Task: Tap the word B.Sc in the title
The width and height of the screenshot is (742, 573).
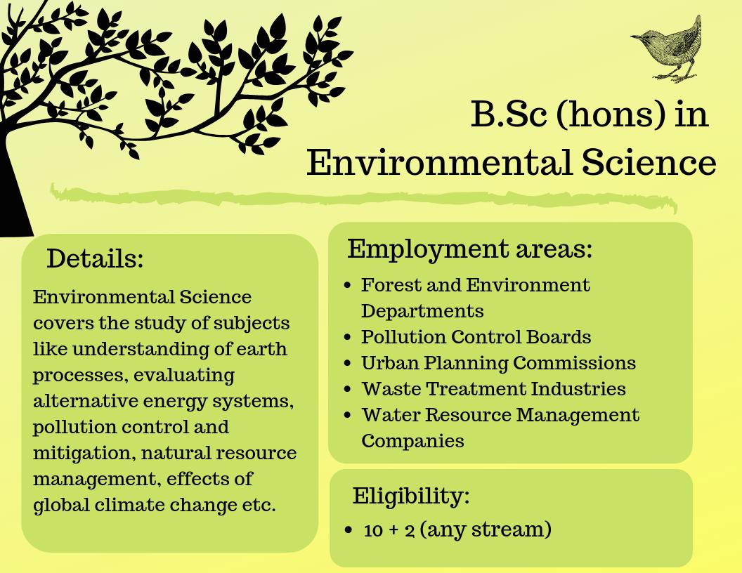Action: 508,115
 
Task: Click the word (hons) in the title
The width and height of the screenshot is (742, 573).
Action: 611,115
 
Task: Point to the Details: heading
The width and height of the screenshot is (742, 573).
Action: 95,258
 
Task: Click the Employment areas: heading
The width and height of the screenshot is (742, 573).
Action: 469,249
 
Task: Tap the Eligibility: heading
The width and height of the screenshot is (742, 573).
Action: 410,496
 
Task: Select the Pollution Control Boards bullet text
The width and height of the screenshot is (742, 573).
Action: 476,337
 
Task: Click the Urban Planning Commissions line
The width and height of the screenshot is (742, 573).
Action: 498,363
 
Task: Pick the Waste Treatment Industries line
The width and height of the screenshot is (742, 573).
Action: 493,389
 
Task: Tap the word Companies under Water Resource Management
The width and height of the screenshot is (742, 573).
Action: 412,441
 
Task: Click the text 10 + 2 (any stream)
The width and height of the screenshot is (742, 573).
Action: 457,529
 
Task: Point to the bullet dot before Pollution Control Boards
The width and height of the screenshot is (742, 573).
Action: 348,338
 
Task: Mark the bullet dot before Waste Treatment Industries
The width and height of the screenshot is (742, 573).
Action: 348,390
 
